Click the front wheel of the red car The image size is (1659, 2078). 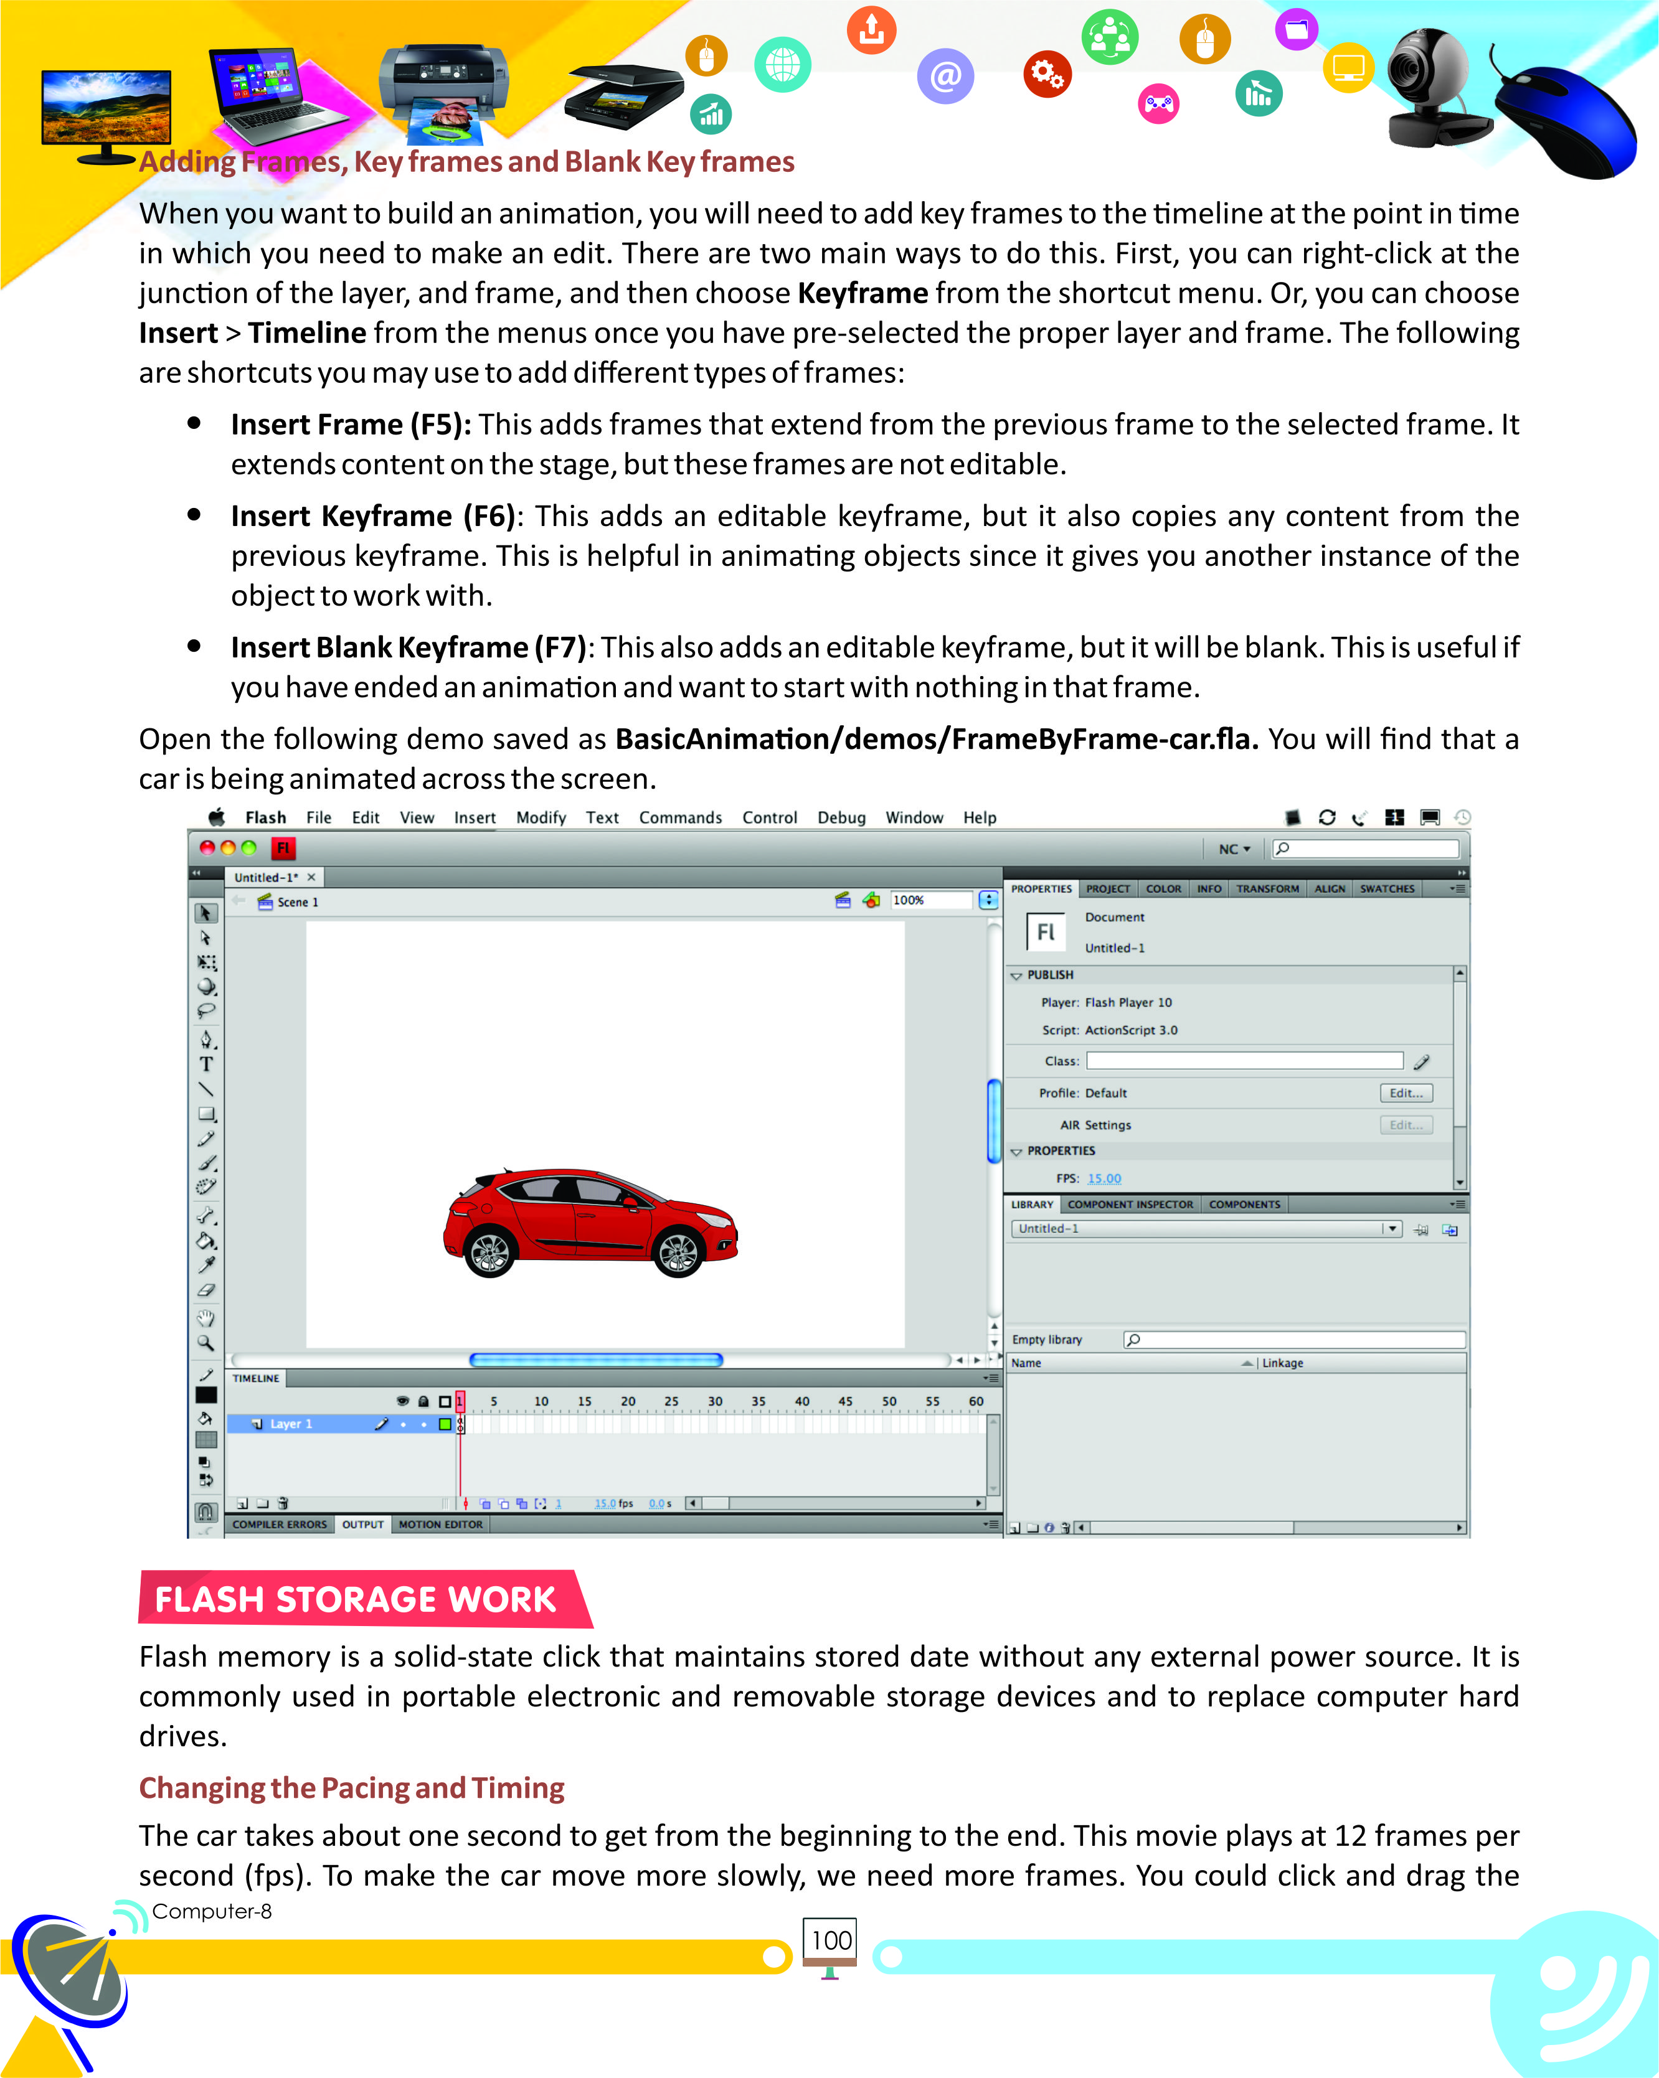point(678,1252)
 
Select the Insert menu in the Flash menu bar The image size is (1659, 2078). point(475,817)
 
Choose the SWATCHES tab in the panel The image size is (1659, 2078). point(1386,888)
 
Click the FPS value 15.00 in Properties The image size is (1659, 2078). point(1104,1178)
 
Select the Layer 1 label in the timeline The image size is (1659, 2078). point(290,1424)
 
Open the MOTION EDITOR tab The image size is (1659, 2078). point(440,1524)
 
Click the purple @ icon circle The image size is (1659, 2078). point(946,75)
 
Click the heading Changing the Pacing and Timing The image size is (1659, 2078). point(351,1788)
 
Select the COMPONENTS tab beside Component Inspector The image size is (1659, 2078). point(1244,1204)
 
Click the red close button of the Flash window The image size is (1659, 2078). point(206,847)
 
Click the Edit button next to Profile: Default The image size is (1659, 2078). point(1406,1093)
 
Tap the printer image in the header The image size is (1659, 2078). point(443,87)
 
